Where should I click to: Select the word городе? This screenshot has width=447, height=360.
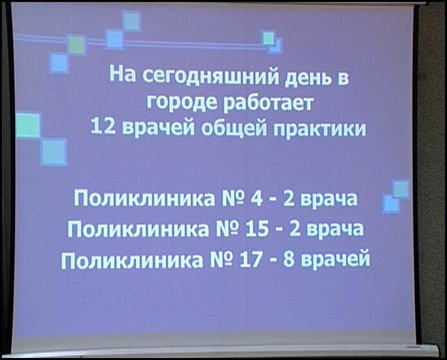click(182, 103)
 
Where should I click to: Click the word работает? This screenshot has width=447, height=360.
click(268, 102)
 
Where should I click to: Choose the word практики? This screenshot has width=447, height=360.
click(320, 129)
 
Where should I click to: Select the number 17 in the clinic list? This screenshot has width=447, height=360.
click(251, 260)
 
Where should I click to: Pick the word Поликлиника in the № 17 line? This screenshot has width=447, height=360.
click(132, 260)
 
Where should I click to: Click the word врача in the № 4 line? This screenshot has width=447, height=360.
click(329, 199)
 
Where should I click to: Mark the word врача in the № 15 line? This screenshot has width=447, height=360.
click(336, 230)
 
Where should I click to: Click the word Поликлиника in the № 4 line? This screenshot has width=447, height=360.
click(144, 199)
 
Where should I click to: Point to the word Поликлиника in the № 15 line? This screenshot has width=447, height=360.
click(138, 230)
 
